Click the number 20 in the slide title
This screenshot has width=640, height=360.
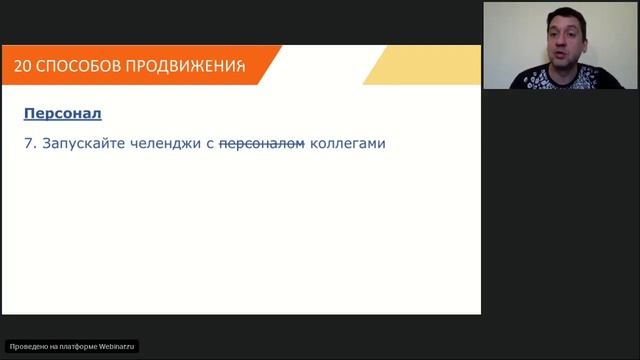click(23, 66)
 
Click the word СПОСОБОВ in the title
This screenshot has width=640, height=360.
click(75, 66)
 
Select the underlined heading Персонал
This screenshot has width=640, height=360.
click(62, 114)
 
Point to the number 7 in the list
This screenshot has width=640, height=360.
click(28, 143)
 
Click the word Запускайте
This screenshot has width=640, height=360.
click(81, 143)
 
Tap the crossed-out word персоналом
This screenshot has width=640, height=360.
click(261, 143)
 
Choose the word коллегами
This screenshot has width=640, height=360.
click(347, 143)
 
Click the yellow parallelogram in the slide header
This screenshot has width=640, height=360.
click(420, 65)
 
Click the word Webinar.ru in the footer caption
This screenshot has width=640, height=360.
click(118, 347)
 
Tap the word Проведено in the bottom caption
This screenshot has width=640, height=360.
click(26, 347)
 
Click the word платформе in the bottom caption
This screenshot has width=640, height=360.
click(82, 347)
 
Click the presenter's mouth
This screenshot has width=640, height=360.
click(561, 47)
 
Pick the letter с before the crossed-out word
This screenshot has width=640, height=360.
click(211, 143)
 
